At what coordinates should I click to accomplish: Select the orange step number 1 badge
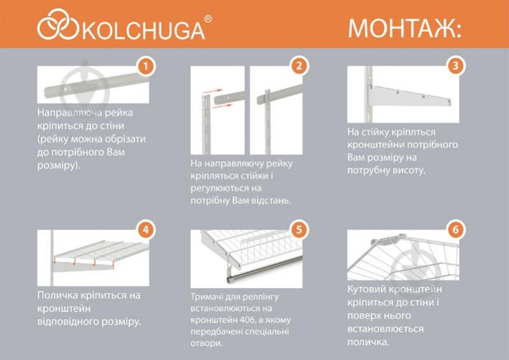(146, 66)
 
